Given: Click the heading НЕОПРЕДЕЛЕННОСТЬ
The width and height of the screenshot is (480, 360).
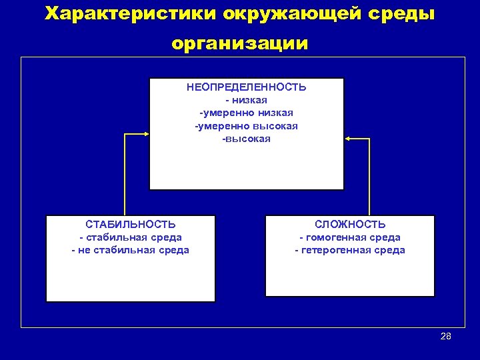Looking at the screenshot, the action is [x=246, y=87].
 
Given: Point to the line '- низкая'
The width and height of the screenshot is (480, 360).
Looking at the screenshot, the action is [x=246, y=100].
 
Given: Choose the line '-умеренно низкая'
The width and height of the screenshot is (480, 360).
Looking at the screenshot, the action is [x=246, y=113].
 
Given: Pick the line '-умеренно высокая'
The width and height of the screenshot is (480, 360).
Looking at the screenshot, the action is [x=246, y=126].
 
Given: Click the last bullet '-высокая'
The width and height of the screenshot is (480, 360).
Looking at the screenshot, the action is [x=246, y=139].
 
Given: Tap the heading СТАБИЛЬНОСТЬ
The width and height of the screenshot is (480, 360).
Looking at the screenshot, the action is [x=131, y=225].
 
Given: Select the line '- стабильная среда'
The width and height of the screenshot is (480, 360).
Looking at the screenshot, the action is [x=131, y=237].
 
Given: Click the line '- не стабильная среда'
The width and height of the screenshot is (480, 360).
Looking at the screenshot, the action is [x=131, y=250].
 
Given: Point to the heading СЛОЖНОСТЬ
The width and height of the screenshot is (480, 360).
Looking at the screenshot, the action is [x=350, y=225].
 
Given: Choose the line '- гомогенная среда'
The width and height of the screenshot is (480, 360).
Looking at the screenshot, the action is [x=350, y=237].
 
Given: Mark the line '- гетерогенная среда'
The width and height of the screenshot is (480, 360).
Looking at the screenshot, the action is [x=350, y=250].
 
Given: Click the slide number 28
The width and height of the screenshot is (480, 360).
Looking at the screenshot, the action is [x=446, y=336].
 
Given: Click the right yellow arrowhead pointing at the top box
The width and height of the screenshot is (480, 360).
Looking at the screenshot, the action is [x=349, y=139].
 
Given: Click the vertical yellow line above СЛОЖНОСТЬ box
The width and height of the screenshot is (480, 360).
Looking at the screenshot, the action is [x=369, y=177].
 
